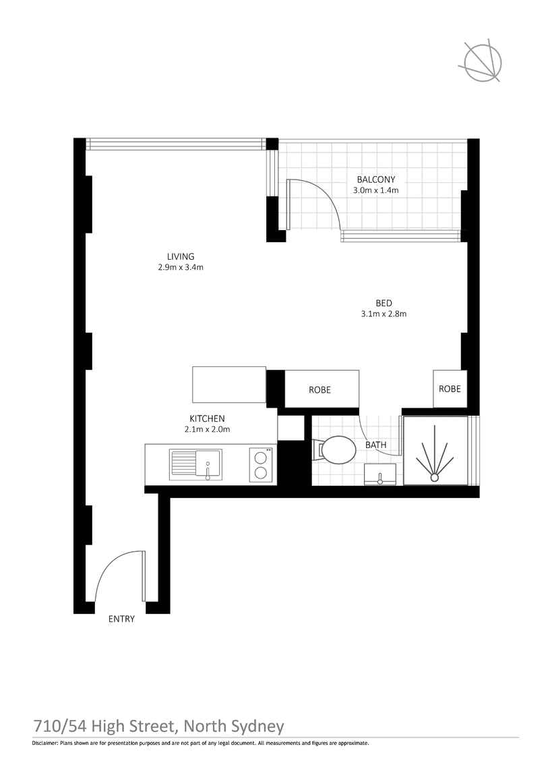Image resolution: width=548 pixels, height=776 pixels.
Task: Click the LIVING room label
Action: pos(181,256)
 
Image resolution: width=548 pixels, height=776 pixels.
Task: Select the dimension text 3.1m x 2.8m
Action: pos(384,313)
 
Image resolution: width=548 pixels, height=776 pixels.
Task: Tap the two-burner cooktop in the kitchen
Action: pos(261,464)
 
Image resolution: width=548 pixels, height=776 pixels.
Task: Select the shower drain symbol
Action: pos(435,476)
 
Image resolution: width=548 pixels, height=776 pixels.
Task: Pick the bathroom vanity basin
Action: pos(381,475)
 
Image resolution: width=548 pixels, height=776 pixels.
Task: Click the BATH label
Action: pos(375,445)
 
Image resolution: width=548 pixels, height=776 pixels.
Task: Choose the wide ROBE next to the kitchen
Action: pos(320,389)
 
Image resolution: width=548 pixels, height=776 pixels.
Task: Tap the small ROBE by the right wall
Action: pos(450,389)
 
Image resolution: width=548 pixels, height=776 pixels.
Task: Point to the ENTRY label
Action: pos(121,619)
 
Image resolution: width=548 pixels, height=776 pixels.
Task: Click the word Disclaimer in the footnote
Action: pos(44,743)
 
